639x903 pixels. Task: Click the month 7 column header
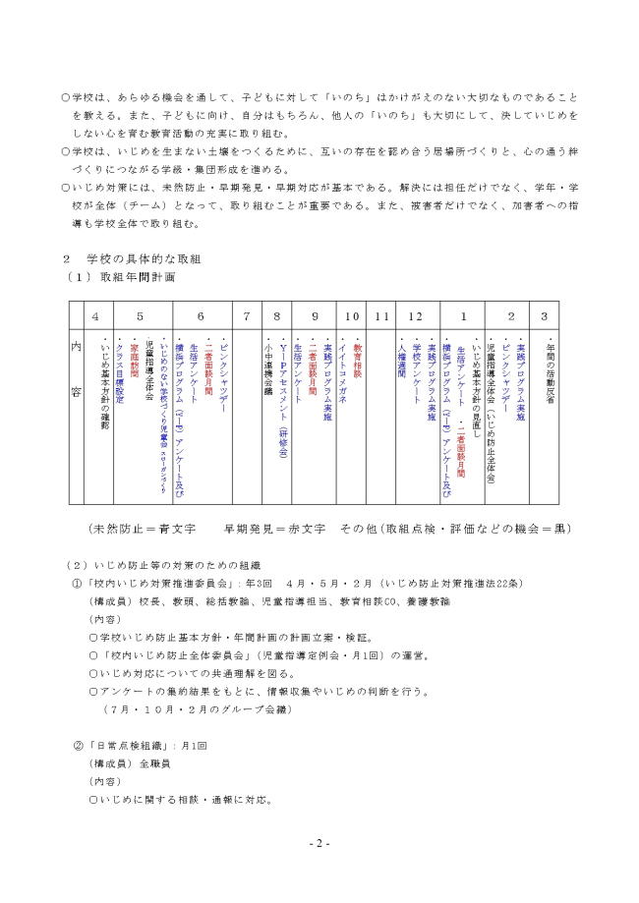[247, 316]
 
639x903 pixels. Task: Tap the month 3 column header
[545, 316]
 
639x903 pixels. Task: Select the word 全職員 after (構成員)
[156, 763]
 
